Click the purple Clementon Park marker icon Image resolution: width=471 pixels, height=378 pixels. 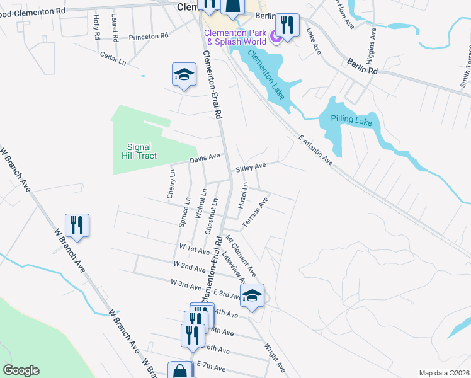click(275, 38)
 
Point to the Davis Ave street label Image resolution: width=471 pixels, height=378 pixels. click(205, 157)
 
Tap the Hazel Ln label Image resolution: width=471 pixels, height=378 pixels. click(242, 196)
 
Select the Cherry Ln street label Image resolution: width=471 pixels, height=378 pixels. click(171, 184)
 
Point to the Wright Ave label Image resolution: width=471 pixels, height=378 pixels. click(276, 356)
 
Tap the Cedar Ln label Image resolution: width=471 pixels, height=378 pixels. click(113, 59)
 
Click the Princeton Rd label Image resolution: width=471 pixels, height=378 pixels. click(149, 37)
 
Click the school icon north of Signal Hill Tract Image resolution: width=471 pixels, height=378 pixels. click(184, 76)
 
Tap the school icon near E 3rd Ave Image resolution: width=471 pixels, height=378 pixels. click(252, 295)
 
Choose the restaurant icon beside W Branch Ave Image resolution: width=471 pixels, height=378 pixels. click(77, 225)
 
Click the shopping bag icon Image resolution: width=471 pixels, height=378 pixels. click(180, 370)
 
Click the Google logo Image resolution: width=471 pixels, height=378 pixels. click(21, 370)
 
